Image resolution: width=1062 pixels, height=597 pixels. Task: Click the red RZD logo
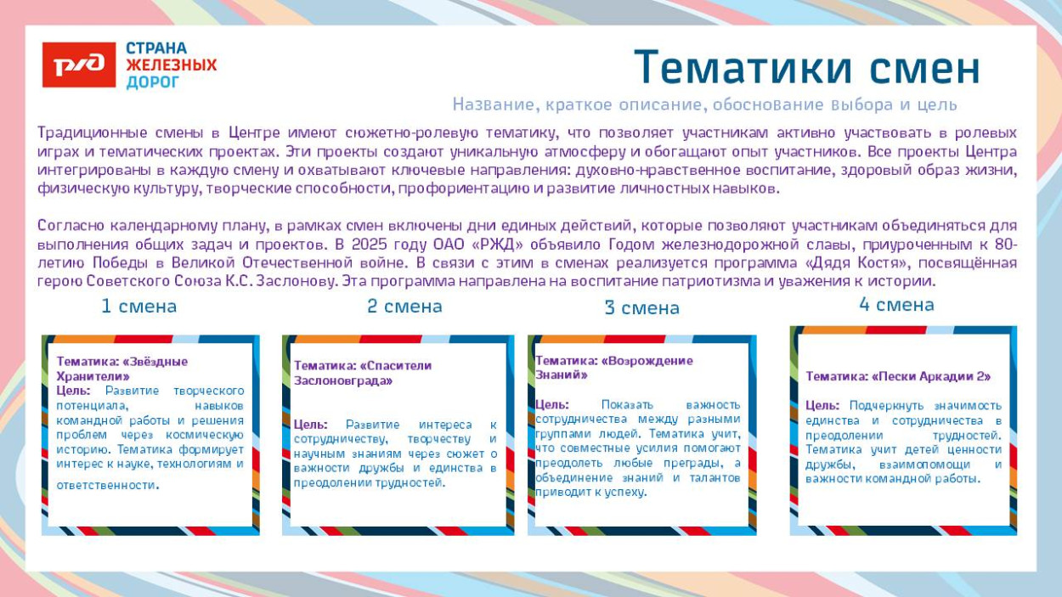[79, 65]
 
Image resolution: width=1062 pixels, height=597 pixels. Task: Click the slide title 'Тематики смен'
[806, 67]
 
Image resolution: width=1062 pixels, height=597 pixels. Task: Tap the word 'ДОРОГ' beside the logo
[153, 82]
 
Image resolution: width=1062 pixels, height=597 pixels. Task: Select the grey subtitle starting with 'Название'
[704, 104]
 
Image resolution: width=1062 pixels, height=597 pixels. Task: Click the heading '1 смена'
[138, 306]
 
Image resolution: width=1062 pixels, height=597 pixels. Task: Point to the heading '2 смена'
[404, 306]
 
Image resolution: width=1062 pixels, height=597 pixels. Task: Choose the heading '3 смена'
[641, 307]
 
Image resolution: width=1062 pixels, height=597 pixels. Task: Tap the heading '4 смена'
[896, 304]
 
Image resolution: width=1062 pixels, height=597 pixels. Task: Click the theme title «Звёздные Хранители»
[121, 369]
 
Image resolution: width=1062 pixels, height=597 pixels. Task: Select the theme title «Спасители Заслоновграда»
[363, 373]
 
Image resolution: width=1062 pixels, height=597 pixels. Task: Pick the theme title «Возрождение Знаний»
[613, 367]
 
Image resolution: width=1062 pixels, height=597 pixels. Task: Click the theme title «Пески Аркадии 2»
[898, 376]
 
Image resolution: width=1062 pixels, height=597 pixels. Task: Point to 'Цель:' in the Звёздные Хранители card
[73, 391]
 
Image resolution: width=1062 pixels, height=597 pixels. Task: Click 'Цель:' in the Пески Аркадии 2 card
[822, 406]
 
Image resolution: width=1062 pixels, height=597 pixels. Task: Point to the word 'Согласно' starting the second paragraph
[69, 226]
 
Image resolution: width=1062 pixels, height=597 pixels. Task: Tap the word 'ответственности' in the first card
[106, 485]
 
